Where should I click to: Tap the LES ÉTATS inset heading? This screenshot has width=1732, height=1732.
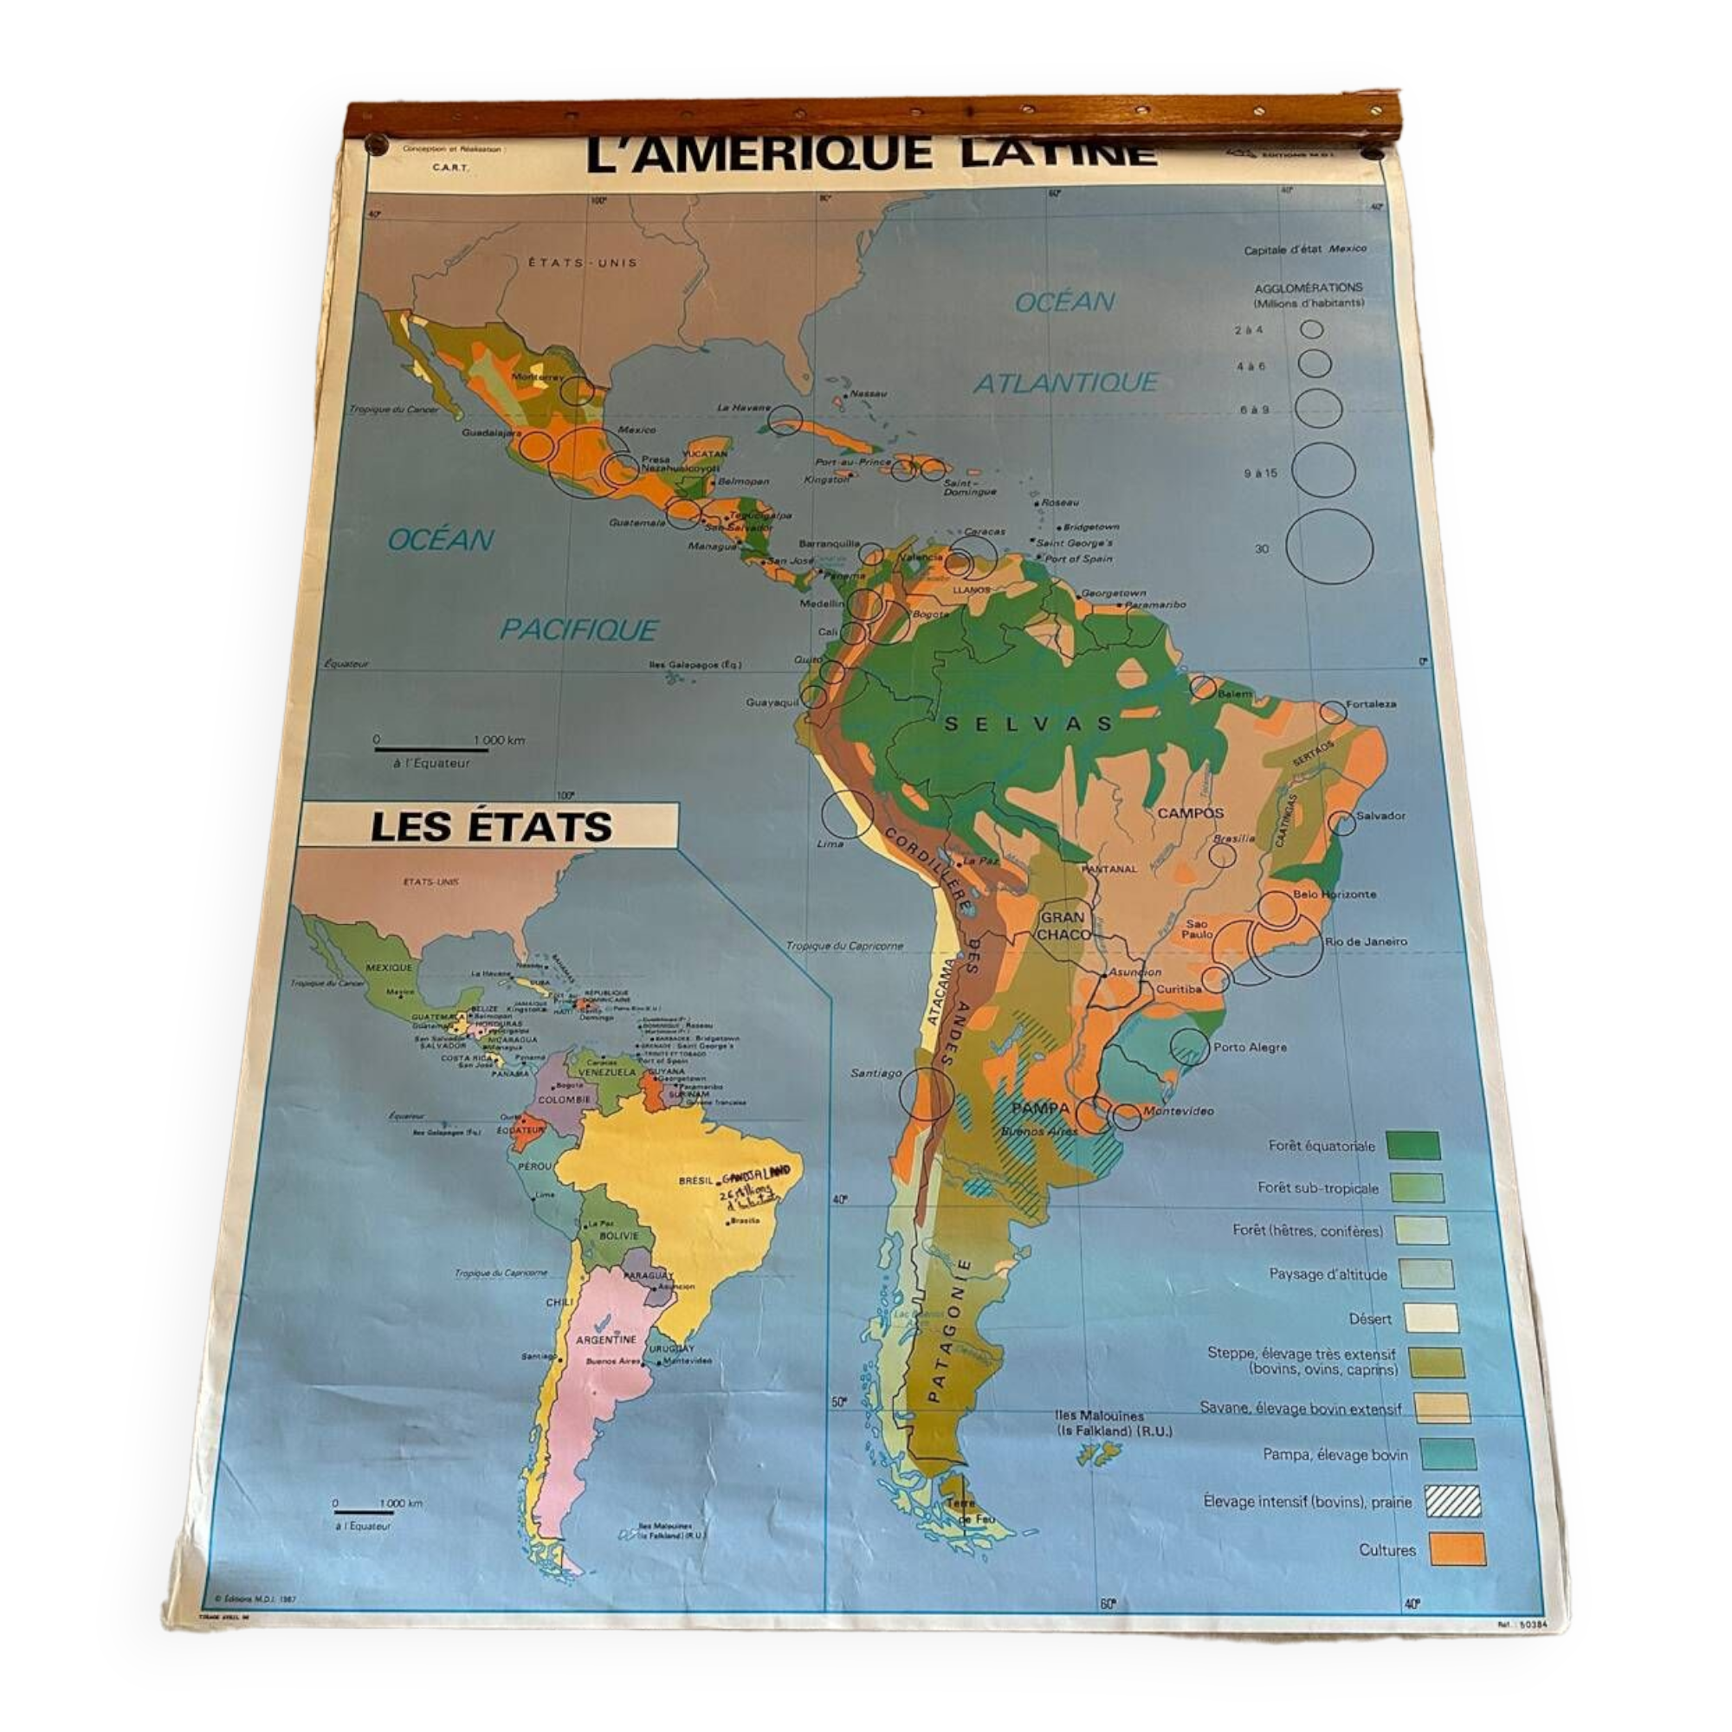tap(490, 825)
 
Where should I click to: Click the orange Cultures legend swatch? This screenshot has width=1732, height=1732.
tap(1457, 1549)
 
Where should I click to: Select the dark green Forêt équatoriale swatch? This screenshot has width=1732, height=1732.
tap(1412, 1146)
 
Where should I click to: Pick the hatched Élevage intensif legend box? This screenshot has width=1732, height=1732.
tap(1452, 1502)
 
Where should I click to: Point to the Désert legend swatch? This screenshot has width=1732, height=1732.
tap(1431, 1318)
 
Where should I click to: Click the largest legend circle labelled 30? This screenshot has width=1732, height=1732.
tap(1329, 546)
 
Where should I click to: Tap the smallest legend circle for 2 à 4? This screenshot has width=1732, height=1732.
tap(1311, 329)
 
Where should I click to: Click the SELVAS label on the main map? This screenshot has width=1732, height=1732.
tap(1027, 722)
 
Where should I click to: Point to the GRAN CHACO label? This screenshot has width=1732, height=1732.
tap(1064, 925)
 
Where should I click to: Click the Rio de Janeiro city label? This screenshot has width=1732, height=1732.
tap(1366, 941)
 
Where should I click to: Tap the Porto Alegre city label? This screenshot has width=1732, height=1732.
tap(1250, 1047)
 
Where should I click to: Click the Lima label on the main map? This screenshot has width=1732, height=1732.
tap(830, 843)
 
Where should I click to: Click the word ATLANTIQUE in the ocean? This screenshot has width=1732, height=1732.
tap(1066, 383)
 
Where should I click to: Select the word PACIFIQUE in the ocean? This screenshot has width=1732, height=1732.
tap(579, 630)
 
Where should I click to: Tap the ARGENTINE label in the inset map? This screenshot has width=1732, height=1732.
tap(606, 1340)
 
